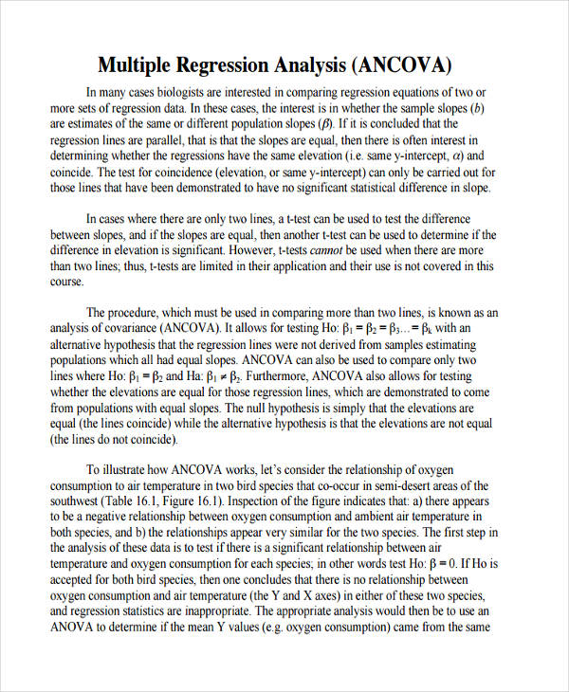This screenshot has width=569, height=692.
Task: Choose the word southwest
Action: point(75,501)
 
